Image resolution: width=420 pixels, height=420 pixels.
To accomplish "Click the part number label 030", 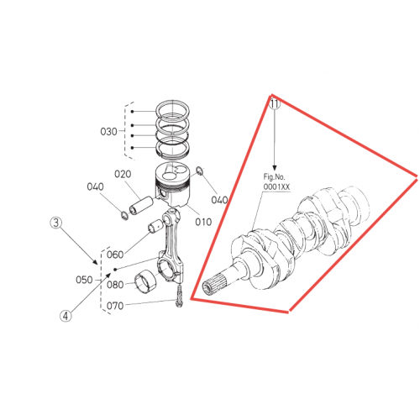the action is (108, 131).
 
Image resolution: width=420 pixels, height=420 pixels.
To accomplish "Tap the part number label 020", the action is (123, 174).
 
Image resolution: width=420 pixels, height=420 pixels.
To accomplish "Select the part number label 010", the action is (203, 222).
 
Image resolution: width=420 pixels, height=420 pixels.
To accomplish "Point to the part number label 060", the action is (115, 255).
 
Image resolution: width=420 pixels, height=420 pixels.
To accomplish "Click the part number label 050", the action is (84, 280).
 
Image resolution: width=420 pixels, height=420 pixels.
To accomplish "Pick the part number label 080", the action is (115, 285).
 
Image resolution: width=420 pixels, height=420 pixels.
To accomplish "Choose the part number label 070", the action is (115, 306).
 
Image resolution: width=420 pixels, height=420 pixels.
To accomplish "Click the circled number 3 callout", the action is (56, 223).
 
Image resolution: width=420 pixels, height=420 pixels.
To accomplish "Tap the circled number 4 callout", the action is (66, 316).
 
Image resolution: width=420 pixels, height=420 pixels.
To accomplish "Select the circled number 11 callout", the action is (275, 104).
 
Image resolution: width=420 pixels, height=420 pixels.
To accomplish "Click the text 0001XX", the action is (276, 186).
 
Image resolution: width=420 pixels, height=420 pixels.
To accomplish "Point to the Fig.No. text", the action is (274, 177).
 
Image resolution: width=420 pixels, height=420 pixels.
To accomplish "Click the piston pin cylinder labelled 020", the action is (141, 205).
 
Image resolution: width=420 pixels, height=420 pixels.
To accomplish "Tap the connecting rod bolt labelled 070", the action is (179, 295).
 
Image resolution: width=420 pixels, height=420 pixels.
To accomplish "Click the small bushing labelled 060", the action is (155, 227).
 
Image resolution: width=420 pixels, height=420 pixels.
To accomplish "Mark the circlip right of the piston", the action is (200, 171).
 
